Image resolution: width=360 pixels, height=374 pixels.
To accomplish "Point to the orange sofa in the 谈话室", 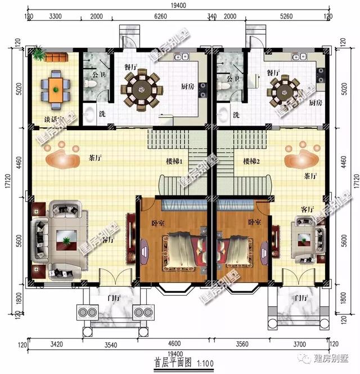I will point(56,57).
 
